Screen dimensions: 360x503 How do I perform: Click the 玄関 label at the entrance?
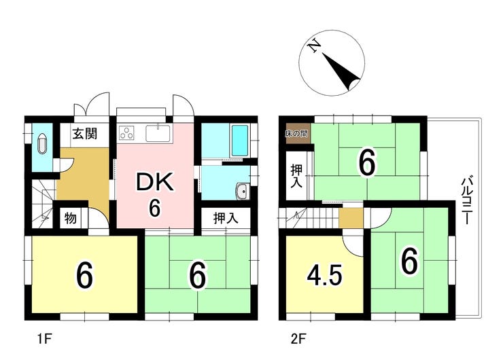click(84, 134)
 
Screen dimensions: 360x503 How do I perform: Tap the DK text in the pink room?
click(155, 181)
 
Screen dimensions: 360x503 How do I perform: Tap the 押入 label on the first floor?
click(226, 219)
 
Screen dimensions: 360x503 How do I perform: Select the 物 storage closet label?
click(70, 219)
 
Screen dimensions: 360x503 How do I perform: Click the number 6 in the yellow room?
click(84, 275)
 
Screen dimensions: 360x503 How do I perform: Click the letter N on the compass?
click(313, 47)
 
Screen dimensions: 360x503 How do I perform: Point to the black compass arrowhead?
click(352, 82)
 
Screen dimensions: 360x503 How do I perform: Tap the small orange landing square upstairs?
click(351, 217)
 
